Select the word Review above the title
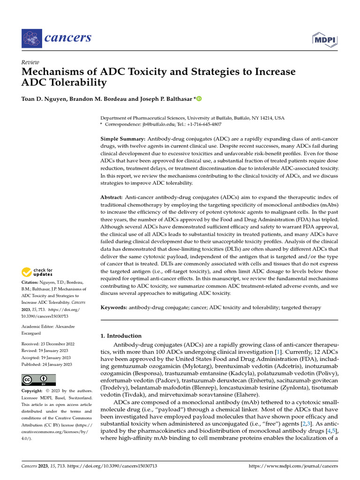[x=30, y=62]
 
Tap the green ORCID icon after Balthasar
[x=198, y=98]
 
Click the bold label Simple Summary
[x=123, y=140]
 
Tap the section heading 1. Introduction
[x=121, y=336]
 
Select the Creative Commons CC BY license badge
[x=39, y=380]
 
